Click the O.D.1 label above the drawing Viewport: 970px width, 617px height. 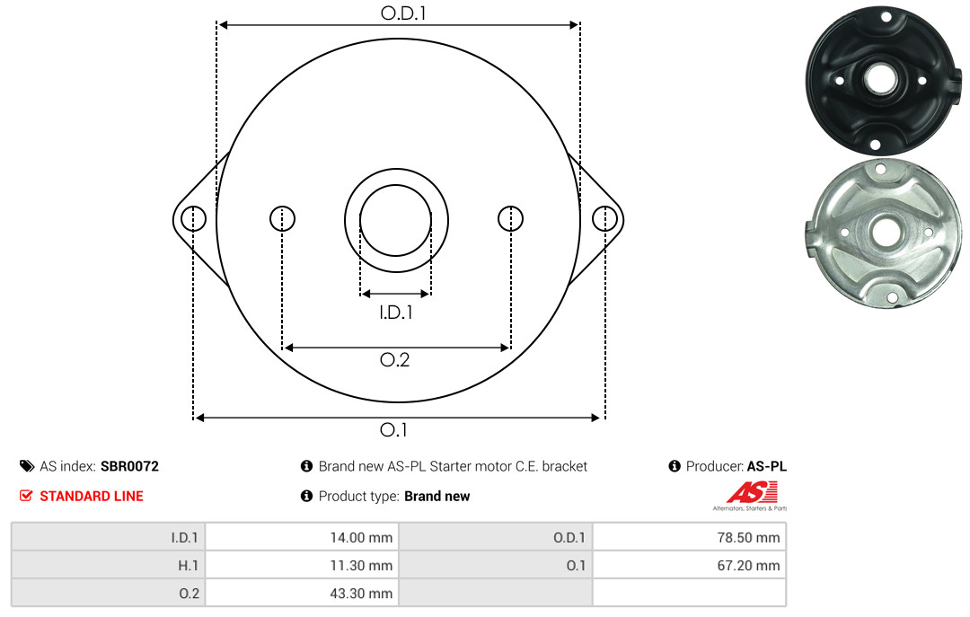tap(403, 13)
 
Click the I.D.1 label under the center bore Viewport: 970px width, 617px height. tap(396, 313)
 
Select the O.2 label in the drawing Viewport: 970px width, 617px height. tap(394, 359)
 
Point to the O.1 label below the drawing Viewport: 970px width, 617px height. tap(393, 429)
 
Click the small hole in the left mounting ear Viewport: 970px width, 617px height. tap(194, 218)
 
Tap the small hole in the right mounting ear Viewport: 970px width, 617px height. tap(604, 218)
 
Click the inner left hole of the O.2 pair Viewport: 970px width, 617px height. tap(283, 218)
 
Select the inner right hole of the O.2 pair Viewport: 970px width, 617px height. tap(510, 218)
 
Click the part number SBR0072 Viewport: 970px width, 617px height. tap(129, 466)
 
